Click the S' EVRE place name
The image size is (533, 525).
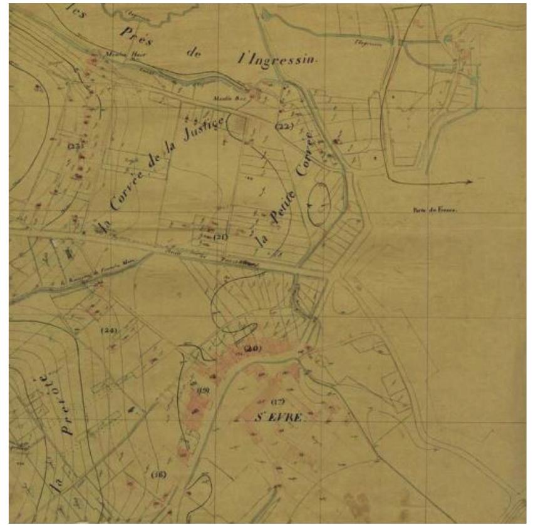click(x=279, y=417)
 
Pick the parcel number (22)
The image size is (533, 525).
click(x=284, y=126)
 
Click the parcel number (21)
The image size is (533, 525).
click(x=220, y=237)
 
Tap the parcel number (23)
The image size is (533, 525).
click(x=76, y=145)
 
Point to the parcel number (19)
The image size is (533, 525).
click(x=204, y=390)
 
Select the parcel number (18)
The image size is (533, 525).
click(x=158, y=475)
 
